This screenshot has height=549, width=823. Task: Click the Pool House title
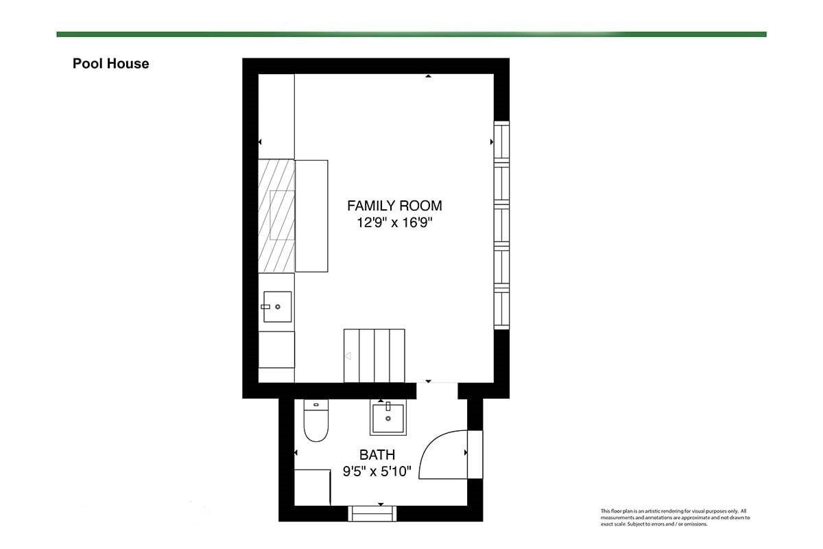110,64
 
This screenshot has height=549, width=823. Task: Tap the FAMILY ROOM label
394,206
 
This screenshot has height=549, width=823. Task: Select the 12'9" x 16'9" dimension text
394,222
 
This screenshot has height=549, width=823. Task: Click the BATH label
377,455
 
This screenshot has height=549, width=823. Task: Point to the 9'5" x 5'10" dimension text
377,471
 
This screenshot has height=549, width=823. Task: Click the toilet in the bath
316,420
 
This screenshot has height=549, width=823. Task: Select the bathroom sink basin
388,419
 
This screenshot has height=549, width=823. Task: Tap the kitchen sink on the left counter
277,307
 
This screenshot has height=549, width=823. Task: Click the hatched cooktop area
276,216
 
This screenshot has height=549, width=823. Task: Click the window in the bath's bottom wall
372,514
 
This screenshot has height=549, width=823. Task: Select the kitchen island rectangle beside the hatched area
311,216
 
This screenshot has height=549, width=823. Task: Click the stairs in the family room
374,355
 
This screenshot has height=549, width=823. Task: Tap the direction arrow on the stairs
348,356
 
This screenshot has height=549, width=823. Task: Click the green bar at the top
411,34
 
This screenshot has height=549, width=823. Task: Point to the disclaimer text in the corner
676,517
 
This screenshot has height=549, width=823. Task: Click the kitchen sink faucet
265,307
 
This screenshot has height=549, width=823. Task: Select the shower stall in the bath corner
313,488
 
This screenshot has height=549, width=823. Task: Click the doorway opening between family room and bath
438,390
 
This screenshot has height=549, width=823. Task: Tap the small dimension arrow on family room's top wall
429,76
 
